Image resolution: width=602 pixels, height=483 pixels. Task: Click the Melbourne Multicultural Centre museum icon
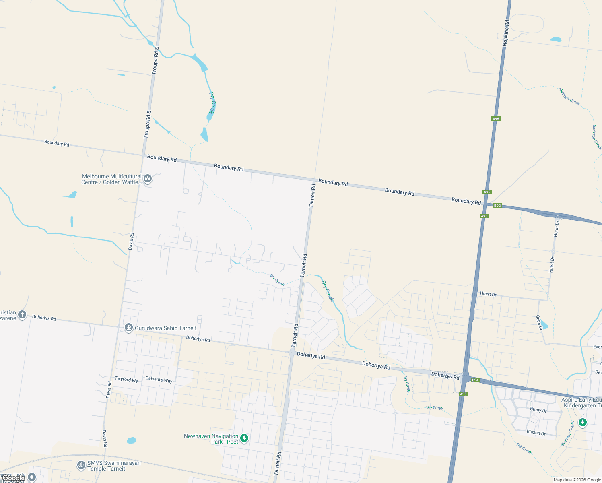click(x=148, y=178)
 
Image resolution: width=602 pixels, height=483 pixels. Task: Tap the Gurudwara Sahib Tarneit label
click(x=165, y=328)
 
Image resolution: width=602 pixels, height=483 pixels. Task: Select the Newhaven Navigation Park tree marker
click(x=244, y=438)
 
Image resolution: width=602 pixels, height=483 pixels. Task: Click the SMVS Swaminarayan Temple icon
click(x=81, y=465)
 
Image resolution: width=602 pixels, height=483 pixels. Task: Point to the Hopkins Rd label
click(x=506, y=33)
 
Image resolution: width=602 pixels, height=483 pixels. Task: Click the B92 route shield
click(x=497, y=206)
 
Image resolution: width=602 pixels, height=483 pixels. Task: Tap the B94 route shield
click(x=475, y=380)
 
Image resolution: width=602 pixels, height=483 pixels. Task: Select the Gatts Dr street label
click(x=538, y=323)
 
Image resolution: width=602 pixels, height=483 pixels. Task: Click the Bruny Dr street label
click(x=538, y=410)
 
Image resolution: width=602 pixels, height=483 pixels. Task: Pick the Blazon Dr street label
click(x=536, y=433)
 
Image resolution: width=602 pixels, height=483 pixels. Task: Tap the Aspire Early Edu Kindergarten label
click(x=581, y=402)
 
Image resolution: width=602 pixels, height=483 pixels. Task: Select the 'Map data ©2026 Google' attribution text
click(x=577, y=480)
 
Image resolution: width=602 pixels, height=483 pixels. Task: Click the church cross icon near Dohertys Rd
click(x=22, y=315)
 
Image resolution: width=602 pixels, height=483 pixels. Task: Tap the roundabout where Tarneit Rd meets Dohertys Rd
click(x=291, y=352)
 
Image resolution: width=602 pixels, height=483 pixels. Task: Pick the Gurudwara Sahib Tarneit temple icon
click(x=128, y=328)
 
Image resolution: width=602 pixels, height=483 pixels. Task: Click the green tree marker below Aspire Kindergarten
click(x=582, y=422)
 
